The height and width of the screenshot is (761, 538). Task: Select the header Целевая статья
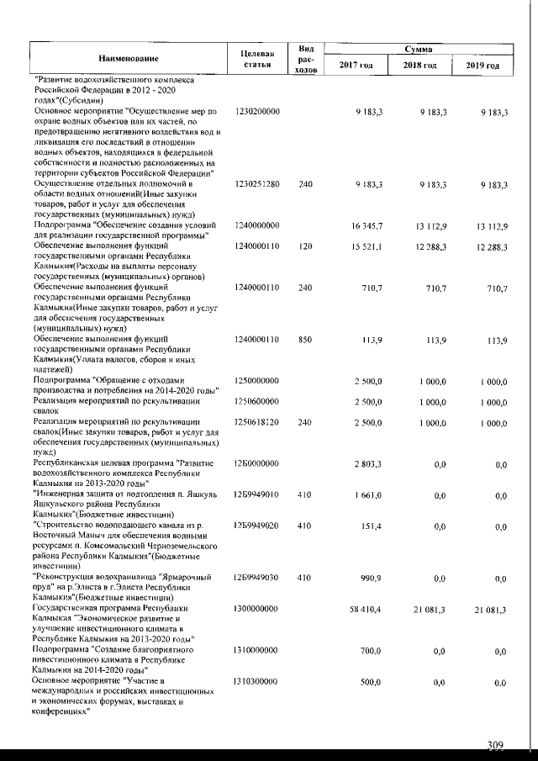tap(257, 58)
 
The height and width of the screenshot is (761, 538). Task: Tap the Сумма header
tap(417, 50)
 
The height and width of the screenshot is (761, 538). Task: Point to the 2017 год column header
tap(356, 66)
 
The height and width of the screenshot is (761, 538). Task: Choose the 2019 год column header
tap(483, 66)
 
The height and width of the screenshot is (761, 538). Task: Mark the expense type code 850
tap(305, 339)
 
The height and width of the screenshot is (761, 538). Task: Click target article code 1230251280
tap(257, 183)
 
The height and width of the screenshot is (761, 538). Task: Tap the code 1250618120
tap(257, 420)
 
